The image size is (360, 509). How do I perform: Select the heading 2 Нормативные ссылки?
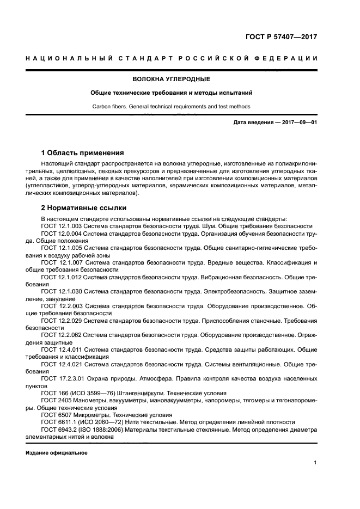pyautogui.click(x=84, y=207)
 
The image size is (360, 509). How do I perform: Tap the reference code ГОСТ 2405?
pyautogui.click(x=56, y=400)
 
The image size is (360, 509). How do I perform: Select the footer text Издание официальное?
pyautogui.click(x=57, y=453)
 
